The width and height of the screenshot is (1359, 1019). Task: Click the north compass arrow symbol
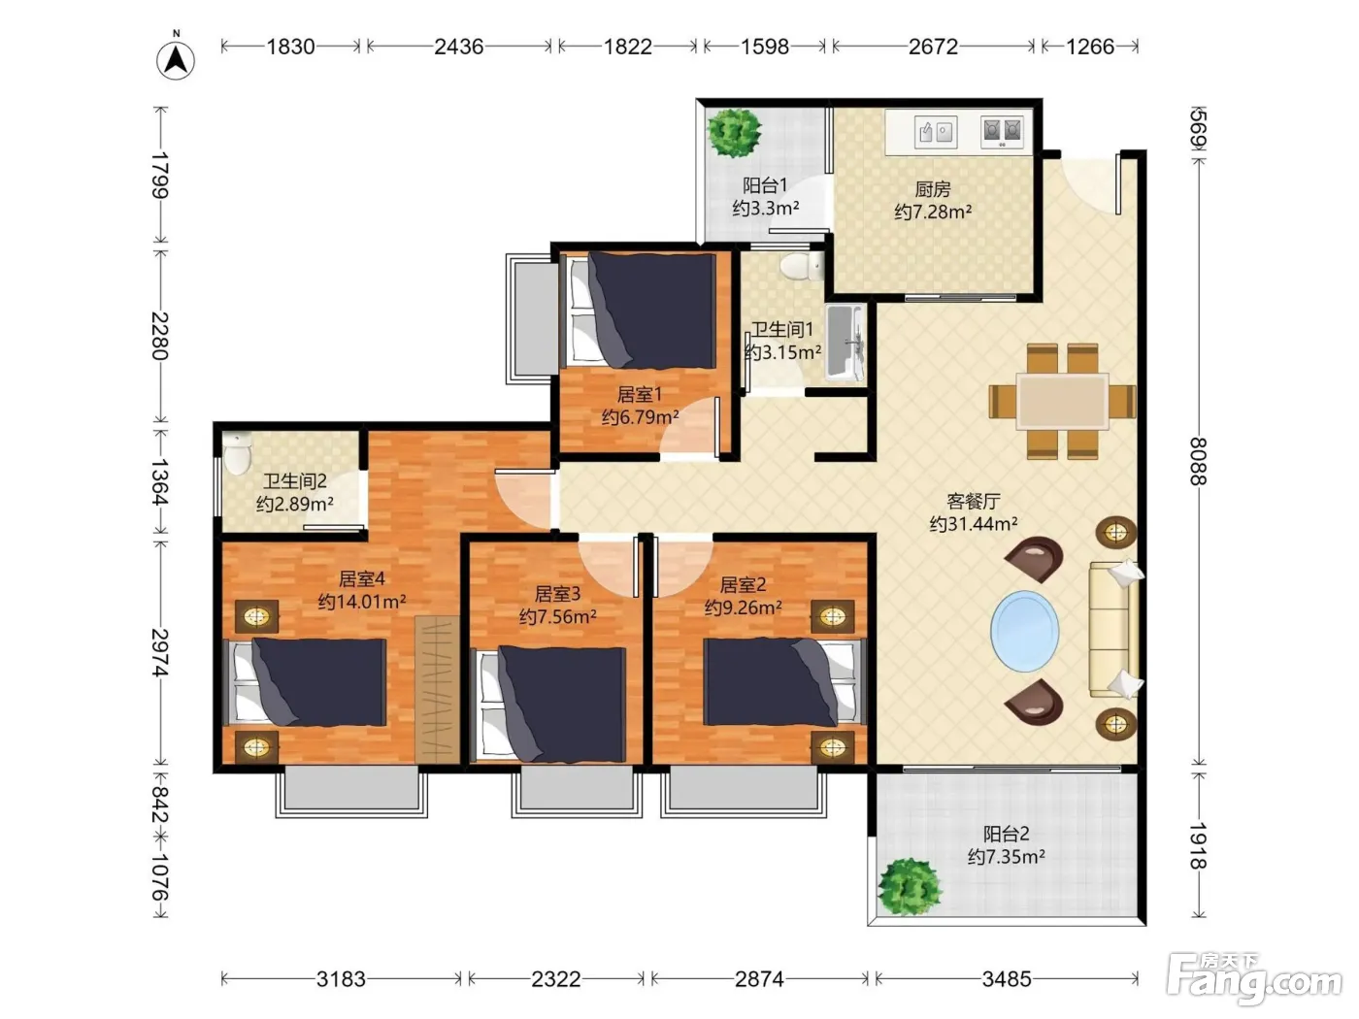click(x=177, y=60)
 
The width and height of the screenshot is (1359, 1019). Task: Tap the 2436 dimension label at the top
click(x=458, y=47)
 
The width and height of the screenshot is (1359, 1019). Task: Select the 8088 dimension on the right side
click(x=1198, y=462)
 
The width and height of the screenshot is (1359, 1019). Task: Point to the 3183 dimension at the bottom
click(x=341, y=979)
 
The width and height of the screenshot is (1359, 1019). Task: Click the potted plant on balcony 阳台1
click(x=734, y=132)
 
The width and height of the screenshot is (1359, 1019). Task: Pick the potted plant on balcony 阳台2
click(x=910, y=886)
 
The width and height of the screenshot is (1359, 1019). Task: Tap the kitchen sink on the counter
click(x=936, y=132)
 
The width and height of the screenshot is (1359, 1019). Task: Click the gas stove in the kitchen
click(x=1002, y=132)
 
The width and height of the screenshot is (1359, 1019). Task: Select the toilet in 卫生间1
click(x=802, y=266)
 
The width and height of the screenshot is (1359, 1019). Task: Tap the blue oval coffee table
click(x=1024, y=631)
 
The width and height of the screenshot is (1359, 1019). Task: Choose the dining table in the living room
click(x=1062, y=401)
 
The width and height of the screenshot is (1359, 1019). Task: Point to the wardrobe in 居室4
click(x=437, y=689)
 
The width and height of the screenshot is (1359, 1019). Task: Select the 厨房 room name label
click(x=933, y=188)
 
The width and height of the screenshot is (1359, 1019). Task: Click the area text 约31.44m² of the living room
click(x=974, y=524)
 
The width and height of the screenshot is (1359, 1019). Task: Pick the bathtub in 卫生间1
click(x=845, y=342)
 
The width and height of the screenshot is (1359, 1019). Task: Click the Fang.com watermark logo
click(x=1254, y=980)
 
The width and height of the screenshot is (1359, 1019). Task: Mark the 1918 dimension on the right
click(x=1198, y=845)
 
